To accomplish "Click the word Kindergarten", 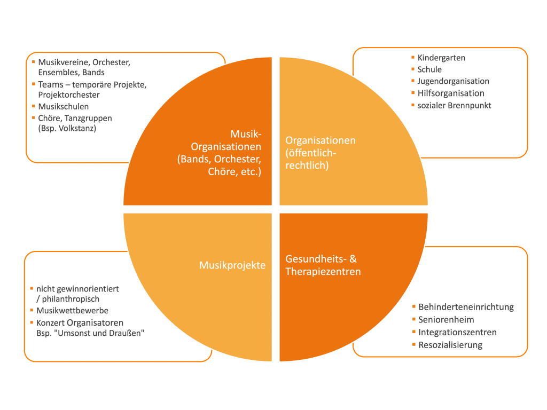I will click(441, 58).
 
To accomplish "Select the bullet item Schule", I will click(429, 69).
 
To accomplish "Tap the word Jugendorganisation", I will click(453, 81).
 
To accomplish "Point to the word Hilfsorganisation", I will click(451, 93).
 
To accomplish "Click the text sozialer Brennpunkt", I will click(454, 105).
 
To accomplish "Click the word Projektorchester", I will click(69, 94).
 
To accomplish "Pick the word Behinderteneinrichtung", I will click(466, 307).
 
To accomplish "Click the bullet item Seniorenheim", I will click(447, 320).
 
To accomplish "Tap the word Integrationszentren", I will click(457, 332).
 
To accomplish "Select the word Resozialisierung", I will click(450, 345).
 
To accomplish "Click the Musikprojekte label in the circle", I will click(232, 265).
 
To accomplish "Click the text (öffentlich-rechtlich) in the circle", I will click(311, 159).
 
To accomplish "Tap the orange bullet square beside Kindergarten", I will click(413, 57).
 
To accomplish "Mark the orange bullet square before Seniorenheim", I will click(414, 319).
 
